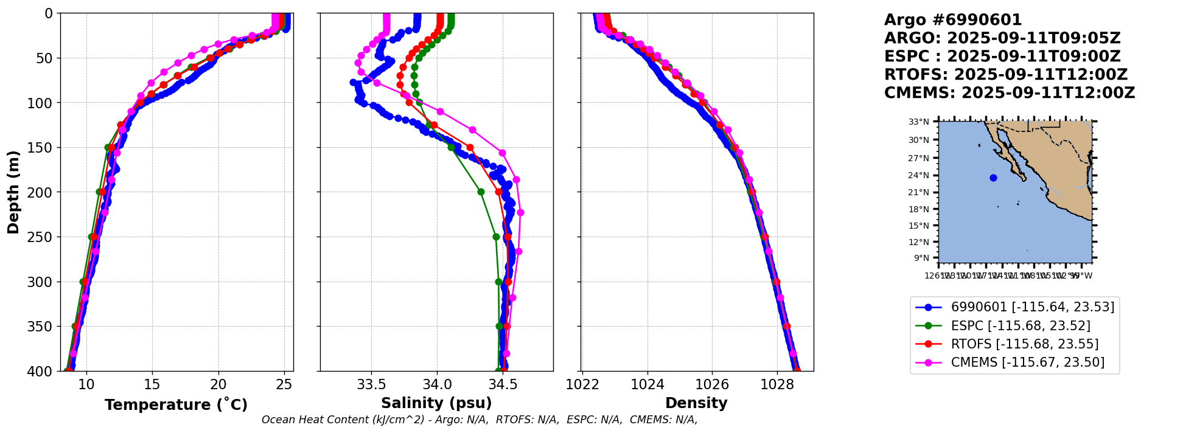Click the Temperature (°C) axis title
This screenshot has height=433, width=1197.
(x=176, y=405)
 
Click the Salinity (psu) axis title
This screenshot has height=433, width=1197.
(x=436, y=403)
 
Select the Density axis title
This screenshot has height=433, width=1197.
(x=696, y=403)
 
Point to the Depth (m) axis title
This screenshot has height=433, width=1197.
(x=13, y=192)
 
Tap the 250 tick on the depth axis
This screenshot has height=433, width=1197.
(x=44, y=237)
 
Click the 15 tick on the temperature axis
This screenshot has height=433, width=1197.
(x=152, y=384)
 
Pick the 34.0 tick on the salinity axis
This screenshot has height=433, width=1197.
(x=437, y=384)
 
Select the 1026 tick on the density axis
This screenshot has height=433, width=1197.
(x=712, y=384)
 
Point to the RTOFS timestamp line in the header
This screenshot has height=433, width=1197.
(x=1006, y=75)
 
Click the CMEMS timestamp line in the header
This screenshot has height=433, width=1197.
(x=1010, y=93)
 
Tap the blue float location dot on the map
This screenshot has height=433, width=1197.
(x=993, y=178)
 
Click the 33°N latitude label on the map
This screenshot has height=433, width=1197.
(x=919, y=122)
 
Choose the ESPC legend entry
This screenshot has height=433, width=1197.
(x=1020, y=326)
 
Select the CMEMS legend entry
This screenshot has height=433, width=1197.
(x=1027, y=362)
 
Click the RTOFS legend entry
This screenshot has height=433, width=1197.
(x=1024, y=344)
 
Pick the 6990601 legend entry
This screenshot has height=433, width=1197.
(x=1032, y=307)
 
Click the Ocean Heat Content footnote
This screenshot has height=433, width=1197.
(x=480, y=420)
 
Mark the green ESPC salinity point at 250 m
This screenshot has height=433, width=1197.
(x=496, y=237)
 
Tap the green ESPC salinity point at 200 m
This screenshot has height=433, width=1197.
(x=481, y=192)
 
